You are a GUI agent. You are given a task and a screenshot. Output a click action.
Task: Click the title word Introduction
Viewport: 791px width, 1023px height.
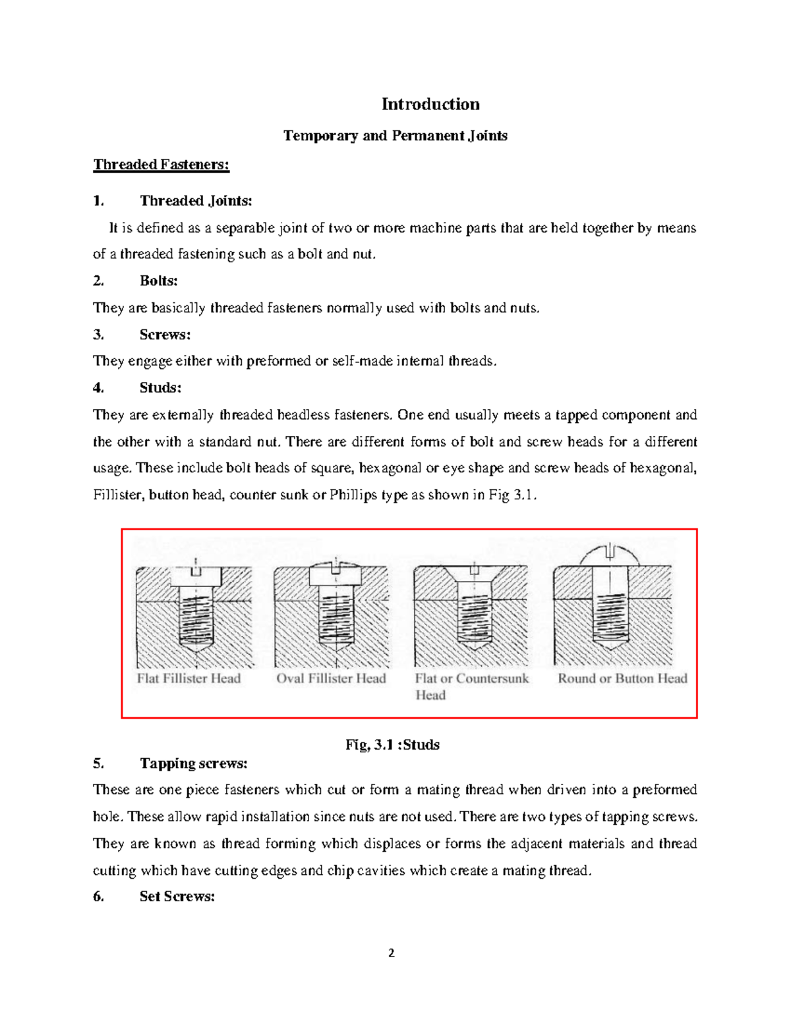point(430,104)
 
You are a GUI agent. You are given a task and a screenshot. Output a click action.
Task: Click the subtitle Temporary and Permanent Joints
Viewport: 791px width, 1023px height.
point(395,136)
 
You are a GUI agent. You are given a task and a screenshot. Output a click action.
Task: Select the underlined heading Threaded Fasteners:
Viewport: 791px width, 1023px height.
point(161,165)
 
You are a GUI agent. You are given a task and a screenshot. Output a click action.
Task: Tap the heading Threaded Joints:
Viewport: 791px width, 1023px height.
point(196,201)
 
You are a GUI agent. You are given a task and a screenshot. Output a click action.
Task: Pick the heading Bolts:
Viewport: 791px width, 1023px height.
point(159,281)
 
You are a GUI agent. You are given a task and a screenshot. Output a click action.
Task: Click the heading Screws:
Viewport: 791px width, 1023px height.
point(165,335)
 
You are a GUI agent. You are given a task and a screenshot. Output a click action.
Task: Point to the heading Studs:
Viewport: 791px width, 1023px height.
point(160,388)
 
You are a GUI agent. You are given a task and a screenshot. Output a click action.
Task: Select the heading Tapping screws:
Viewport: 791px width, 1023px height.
point(193,763)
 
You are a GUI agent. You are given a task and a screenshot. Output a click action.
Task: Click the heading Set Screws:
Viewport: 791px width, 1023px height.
point(177,897)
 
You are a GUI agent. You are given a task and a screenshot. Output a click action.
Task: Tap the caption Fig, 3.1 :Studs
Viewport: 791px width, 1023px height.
point(392,745)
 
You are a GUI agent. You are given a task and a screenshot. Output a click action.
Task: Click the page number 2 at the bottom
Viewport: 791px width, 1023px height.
point(392,953)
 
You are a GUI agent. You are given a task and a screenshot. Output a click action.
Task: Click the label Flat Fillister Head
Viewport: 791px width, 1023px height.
point(189,678)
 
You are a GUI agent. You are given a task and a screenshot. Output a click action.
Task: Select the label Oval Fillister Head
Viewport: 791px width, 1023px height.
point(331,678)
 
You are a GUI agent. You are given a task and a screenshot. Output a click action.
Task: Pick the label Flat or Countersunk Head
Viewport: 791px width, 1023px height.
point(471,686)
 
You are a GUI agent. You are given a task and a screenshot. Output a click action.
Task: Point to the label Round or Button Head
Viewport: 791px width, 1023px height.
point(622,678)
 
